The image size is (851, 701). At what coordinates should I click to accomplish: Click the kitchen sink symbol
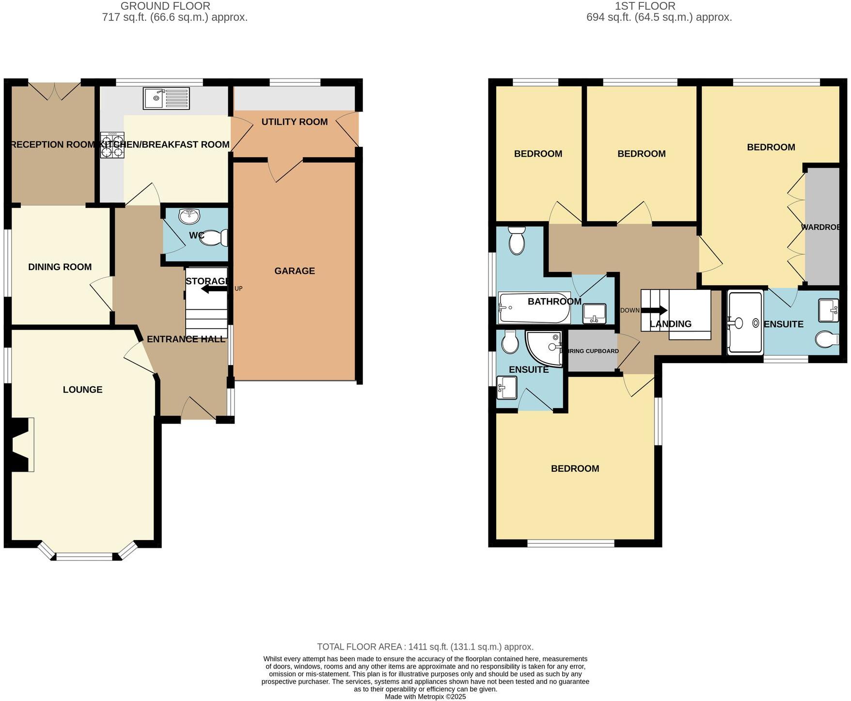(166, 98)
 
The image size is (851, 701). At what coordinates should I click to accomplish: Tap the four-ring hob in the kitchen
(112, 145)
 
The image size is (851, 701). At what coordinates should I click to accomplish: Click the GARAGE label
(294, 271)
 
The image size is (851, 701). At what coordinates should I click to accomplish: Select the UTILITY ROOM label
(294, 122)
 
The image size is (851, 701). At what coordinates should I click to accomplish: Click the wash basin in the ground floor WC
(189, 216)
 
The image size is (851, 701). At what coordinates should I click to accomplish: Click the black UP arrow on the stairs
(214, 289)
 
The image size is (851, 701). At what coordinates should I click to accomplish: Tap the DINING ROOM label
(60, 267)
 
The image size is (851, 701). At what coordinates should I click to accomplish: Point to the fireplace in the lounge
(22, 445)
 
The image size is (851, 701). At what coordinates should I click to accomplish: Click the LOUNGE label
(82, 390)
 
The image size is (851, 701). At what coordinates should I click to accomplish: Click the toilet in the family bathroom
(517, 241)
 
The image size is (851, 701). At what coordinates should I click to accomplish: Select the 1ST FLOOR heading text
(645, 6)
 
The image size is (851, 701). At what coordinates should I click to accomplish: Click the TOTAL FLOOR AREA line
(425, 647)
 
